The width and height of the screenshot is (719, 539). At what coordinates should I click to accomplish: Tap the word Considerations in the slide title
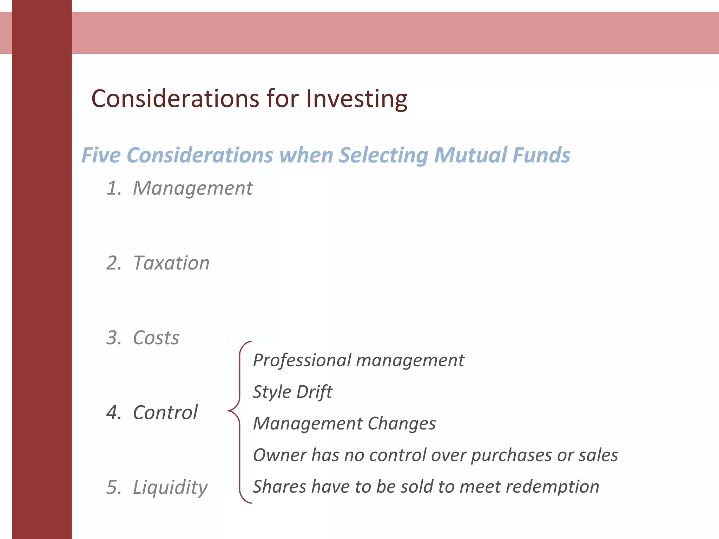175,99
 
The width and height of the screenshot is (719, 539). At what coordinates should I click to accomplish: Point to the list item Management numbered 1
193,188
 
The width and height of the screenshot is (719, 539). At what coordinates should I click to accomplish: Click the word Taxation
171,263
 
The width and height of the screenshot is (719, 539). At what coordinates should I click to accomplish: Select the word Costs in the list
156,338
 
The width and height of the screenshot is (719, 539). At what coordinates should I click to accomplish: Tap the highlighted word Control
165,412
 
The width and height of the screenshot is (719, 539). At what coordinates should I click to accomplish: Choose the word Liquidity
170,487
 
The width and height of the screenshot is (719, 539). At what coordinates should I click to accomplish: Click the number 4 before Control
113,413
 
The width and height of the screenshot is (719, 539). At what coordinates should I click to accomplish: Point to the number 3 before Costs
113,338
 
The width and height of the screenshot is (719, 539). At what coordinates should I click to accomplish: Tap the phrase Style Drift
292,392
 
